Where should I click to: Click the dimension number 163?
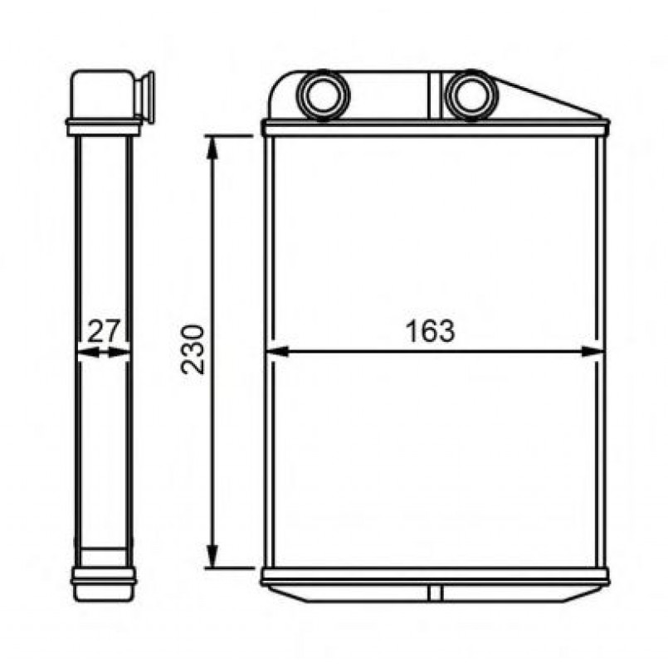pos(430,331)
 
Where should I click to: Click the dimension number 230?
pos(193,349)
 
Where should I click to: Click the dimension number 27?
pos(105,331)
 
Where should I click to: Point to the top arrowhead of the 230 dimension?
pos(212,147)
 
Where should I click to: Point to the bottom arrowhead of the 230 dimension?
pos(212,556)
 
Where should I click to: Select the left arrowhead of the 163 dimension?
pos(277,352)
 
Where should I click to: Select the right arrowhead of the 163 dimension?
pos(592,352)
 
